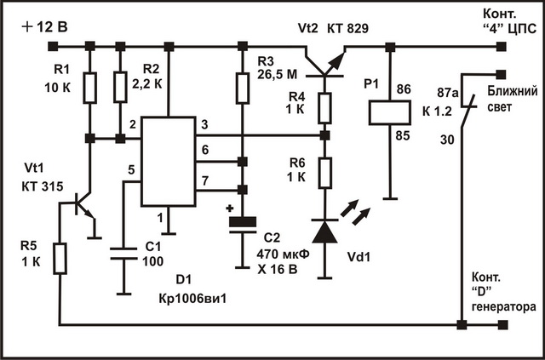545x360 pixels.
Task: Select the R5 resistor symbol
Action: pos(60,258)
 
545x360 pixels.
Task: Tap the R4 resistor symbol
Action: pos(324,109)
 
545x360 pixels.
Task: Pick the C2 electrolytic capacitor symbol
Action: pos(243,224)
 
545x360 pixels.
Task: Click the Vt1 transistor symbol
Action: pos(83,204)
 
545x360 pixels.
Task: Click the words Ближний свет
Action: pos(509,98)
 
